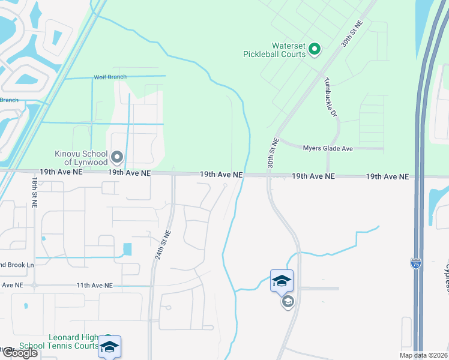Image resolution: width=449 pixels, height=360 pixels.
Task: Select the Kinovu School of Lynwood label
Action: [81, 158]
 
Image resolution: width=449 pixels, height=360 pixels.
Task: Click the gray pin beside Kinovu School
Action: [118, 157]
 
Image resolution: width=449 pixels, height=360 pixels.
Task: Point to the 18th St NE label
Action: [35, 193]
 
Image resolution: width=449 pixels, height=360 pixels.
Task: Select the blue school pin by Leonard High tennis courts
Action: [109, 347]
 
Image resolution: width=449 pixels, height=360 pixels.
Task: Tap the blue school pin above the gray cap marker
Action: [282, 280]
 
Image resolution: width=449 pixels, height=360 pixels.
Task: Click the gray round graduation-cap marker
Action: [288, 301]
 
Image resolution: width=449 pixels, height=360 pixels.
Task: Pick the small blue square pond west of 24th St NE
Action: [127, 249]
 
